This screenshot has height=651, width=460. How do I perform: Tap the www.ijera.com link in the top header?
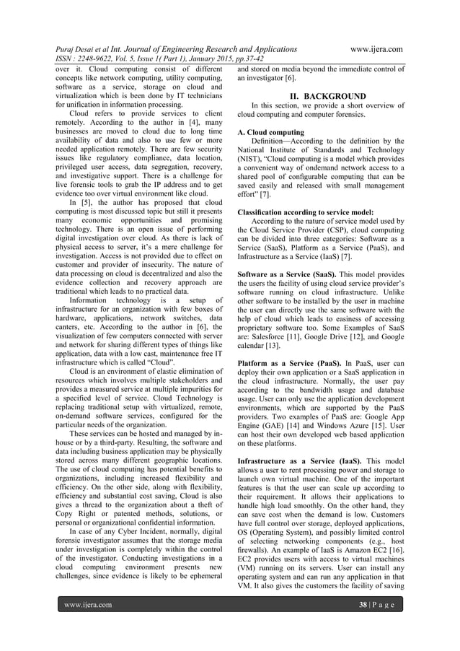pyautogui.click(x=375, y=49)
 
